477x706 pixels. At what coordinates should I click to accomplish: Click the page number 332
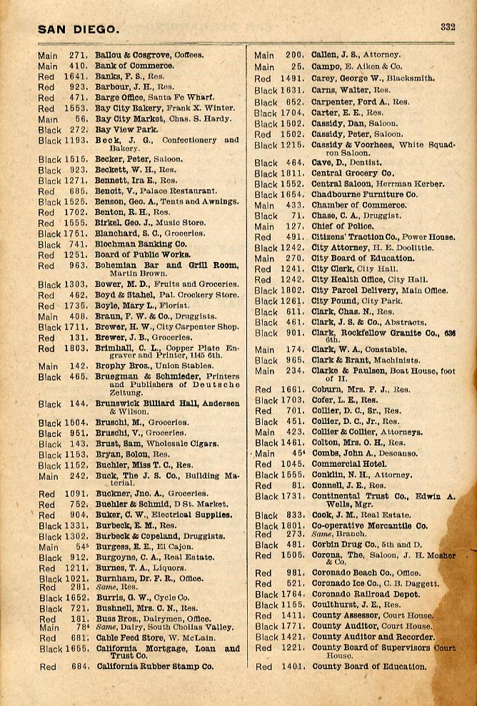click(x=448, y=28)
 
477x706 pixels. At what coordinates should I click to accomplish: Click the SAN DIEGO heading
click(x=79, y=29)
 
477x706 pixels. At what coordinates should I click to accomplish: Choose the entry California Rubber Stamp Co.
click(x=154, y=667)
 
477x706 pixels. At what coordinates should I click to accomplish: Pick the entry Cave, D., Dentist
click(x=342, y=163)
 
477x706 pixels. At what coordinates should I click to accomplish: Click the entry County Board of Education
click(x=369, y=667)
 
